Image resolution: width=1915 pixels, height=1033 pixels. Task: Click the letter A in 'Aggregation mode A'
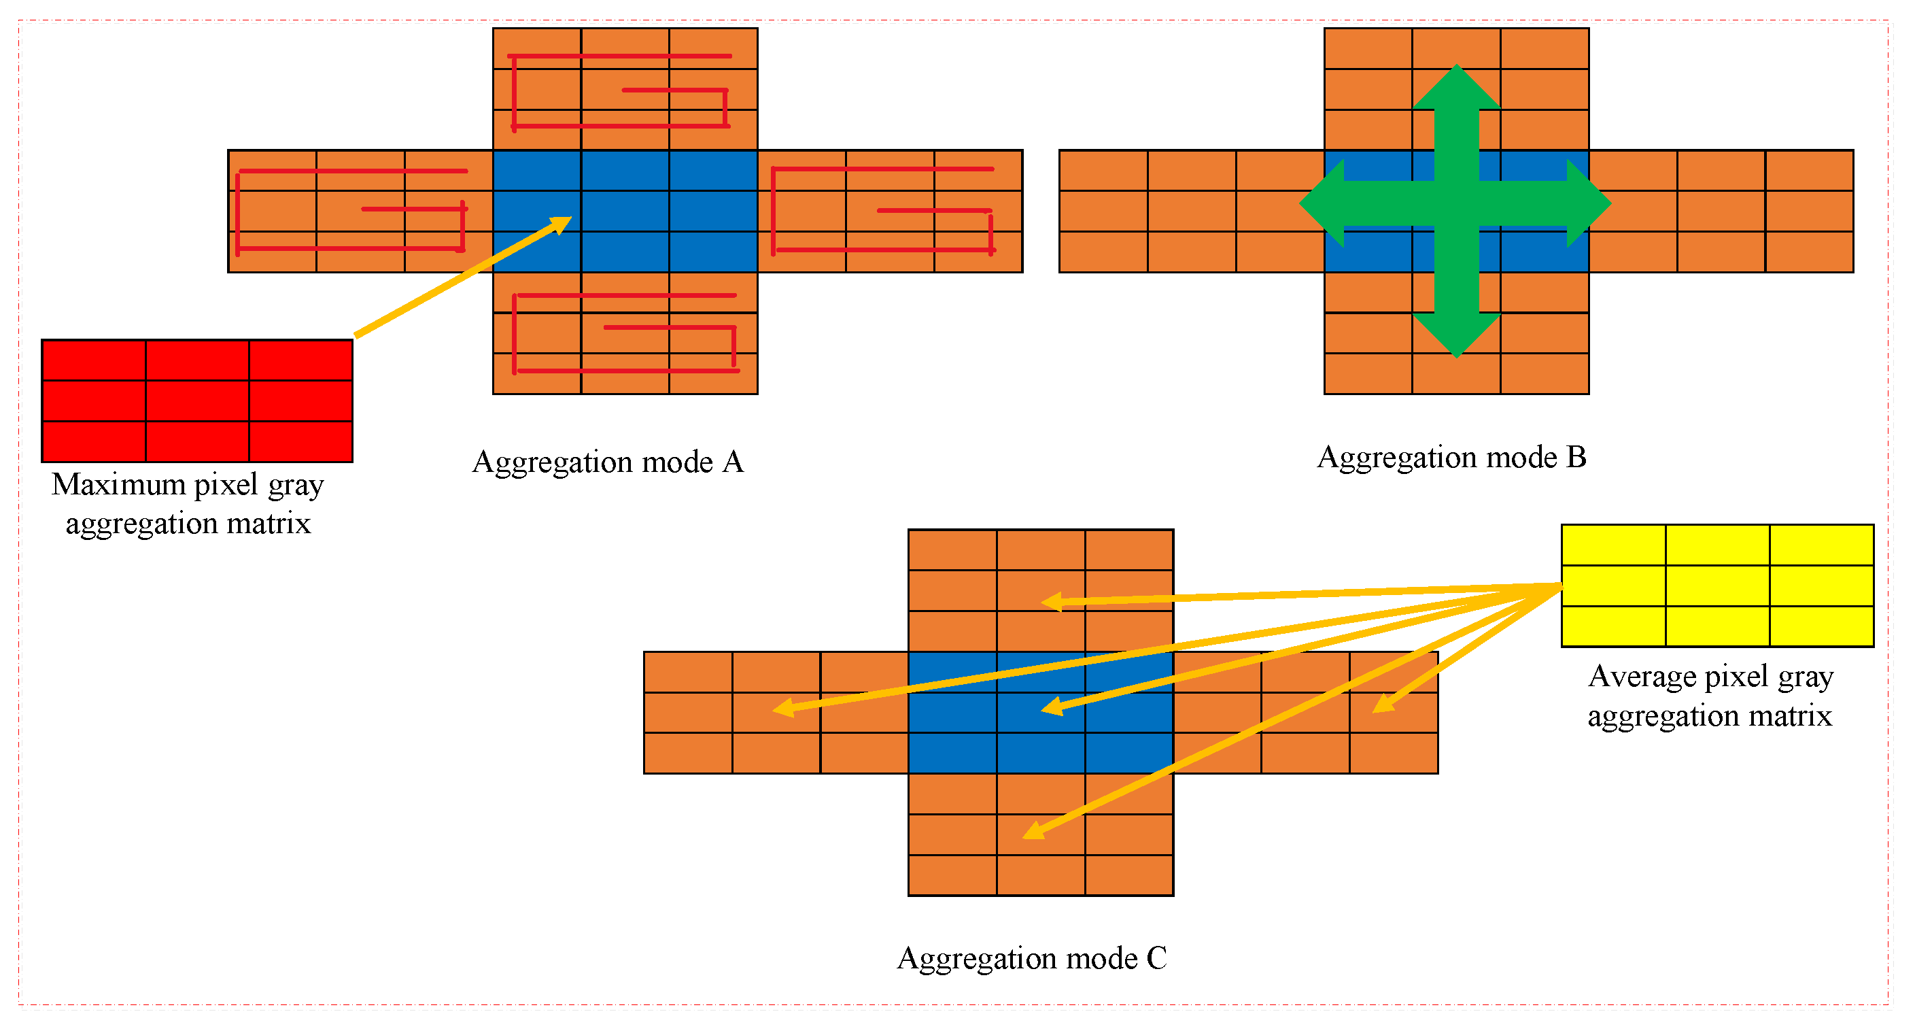(732, 462)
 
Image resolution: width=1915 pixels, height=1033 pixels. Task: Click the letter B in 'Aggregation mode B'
(1575, 456)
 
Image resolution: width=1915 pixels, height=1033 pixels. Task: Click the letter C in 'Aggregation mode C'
(1156, 958)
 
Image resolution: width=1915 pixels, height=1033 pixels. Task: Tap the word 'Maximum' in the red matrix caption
(118, 484)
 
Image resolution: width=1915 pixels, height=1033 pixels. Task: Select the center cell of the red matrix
(197, 401)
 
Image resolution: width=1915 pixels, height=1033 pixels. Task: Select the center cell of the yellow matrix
(1716, 586)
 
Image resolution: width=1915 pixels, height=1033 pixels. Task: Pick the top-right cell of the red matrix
(300, 360)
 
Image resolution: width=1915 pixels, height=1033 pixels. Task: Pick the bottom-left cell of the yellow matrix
(1613, 626)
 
